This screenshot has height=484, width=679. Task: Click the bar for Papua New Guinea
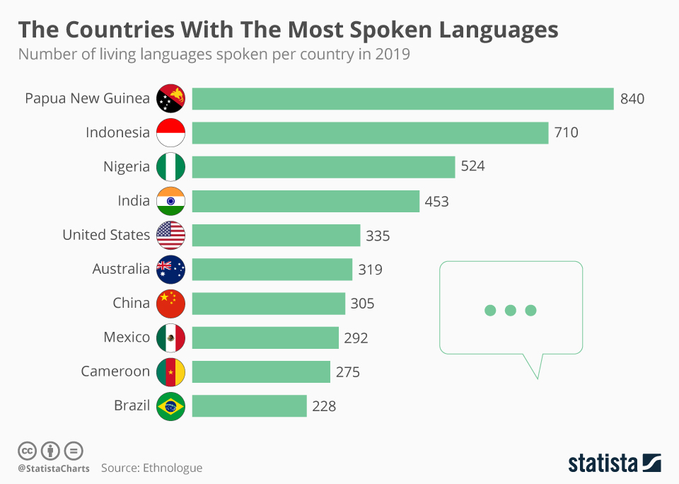402,98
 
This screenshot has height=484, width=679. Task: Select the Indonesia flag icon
170,132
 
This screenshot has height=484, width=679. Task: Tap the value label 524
472,167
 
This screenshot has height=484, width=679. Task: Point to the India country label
134,201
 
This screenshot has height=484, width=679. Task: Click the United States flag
170,235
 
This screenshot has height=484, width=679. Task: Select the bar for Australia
272,269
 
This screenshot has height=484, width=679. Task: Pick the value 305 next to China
362,304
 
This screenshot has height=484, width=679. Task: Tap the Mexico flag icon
170,338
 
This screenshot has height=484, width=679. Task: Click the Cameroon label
115,371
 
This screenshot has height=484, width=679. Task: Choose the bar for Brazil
249,406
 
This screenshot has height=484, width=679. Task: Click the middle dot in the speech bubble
510,310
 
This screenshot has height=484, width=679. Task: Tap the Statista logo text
603,463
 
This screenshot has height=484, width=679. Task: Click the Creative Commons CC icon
27,450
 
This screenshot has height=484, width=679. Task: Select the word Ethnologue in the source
173,468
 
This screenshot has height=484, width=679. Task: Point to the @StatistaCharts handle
54,468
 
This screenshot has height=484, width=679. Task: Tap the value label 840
632,99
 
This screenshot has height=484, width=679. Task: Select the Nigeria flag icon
170,167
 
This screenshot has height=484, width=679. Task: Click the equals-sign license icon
74,450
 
